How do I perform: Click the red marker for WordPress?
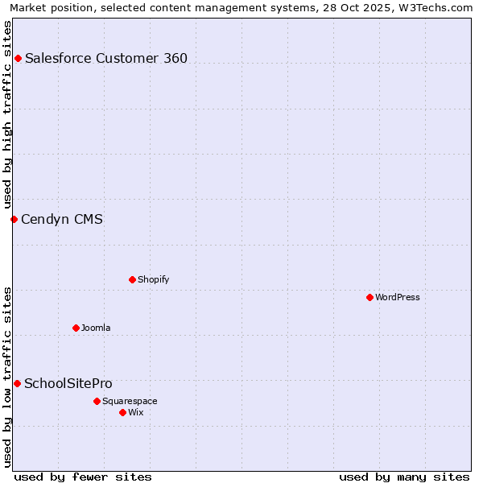369,297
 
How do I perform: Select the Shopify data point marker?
132,279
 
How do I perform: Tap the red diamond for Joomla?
76,328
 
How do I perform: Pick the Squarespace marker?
97,401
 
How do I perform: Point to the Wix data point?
122,412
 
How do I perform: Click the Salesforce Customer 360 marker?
18,58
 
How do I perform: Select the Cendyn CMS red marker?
14,219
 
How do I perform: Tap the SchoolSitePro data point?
17,383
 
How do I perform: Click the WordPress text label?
398,297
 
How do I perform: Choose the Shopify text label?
154,279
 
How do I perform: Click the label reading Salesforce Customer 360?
106,58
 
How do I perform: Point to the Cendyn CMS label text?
62,219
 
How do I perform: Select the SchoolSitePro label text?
68,383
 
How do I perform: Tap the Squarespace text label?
130,401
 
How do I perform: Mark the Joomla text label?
96,328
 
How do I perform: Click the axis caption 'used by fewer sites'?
83,477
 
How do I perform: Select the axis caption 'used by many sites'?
404,477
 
